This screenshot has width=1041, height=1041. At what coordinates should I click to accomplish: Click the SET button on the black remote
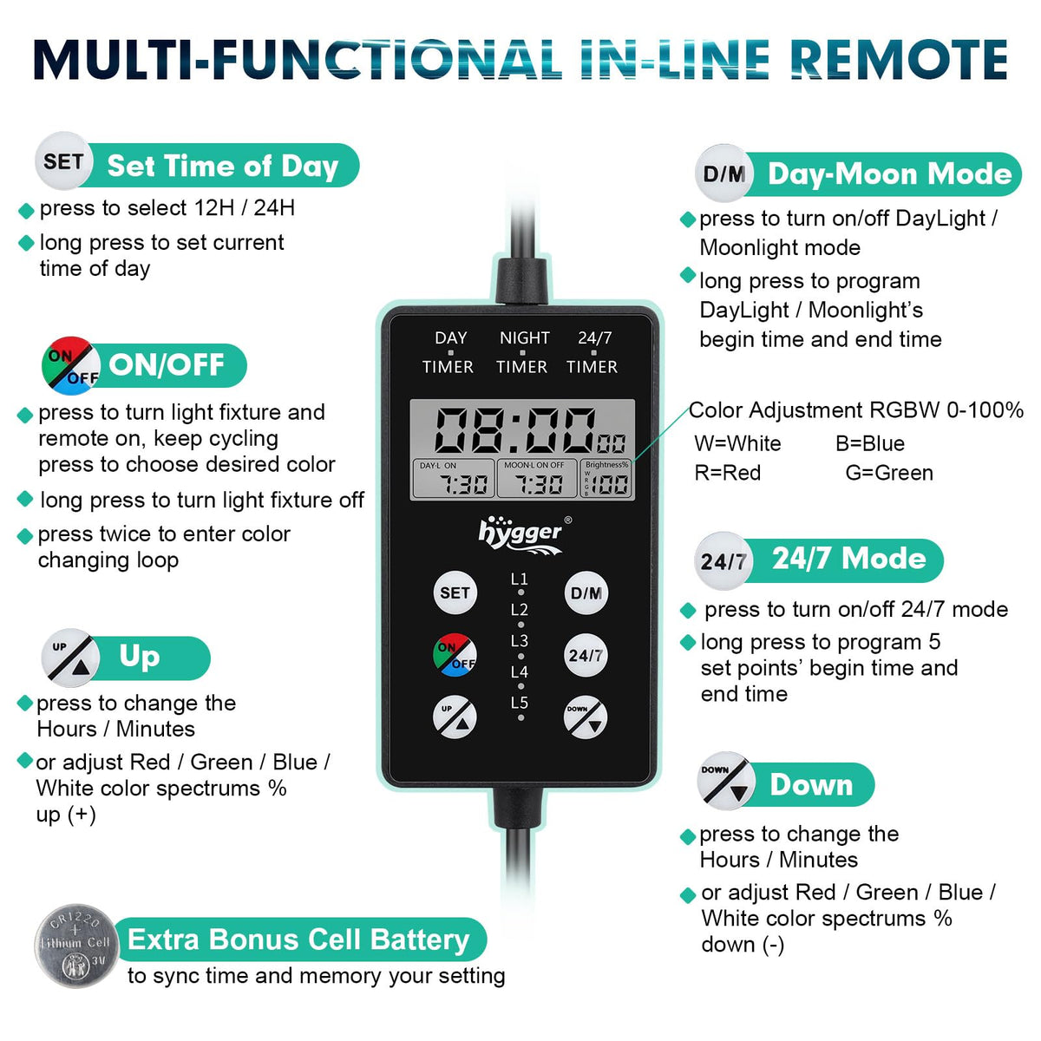pos(455,593)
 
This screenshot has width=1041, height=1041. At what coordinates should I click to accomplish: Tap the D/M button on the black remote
pos(586,593)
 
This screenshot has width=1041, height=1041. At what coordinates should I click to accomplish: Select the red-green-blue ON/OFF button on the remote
pos(455,655)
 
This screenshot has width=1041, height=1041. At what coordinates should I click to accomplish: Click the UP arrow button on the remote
pos(455,717)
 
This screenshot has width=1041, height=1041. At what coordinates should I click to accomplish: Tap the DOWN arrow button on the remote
pos(586,717)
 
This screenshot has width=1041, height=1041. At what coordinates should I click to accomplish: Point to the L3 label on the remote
pos(519,641)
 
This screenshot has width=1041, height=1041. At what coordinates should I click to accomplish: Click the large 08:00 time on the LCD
pos(515,430)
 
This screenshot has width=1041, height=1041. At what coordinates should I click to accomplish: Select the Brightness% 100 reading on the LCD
pos(607,479)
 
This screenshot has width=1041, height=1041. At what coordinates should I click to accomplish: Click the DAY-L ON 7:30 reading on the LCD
pos(453,479)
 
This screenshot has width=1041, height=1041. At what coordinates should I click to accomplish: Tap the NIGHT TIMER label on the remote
pos(522,352)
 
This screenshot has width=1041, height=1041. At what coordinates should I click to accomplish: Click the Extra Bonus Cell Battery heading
pos(298,940)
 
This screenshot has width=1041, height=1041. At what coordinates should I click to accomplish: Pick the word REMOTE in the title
pos(901,60)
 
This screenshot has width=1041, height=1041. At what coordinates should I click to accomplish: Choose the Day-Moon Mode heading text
pos(889,174)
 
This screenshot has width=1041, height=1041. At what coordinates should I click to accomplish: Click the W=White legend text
pos(737,443)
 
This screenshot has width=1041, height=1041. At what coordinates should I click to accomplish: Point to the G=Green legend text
pos(888,473)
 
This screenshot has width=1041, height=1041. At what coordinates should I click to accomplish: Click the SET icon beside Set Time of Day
pos(63,161)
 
